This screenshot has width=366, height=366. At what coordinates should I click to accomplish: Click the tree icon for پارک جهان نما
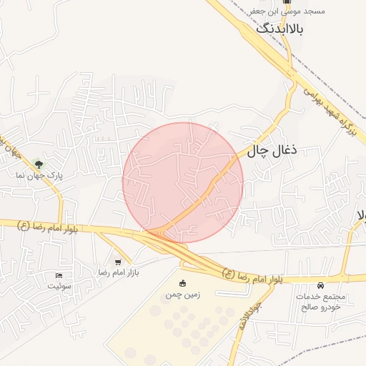click(39, 164)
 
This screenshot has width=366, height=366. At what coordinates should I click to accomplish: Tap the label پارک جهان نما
click(40, 175)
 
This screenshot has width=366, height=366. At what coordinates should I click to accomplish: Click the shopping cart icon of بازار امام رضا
click(117, 262)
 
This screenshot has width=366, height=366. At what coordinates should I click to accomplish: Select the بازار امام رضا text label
click(117, 273)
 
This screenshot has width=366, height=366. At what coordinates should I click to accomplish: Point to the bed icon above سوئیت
click(59, 276)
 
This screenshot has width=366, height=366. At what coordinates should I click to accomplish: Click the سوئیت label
click(60, 286)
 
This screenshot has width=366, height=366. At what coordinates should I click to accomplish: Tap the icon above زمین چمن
click(182, 284)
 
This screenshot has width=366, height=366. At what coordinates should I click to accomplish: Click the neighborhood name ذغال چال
click(272, 151)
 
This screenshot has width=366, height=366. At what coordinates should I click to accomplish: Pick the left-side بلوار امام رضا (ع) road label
click(47, 228)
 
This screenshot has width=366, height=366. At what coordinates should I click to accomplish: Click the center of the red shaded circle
click(183, 182)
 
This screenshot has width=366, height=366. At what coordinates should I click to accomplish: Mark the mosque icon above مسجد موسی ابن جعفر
click(287, 2)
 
